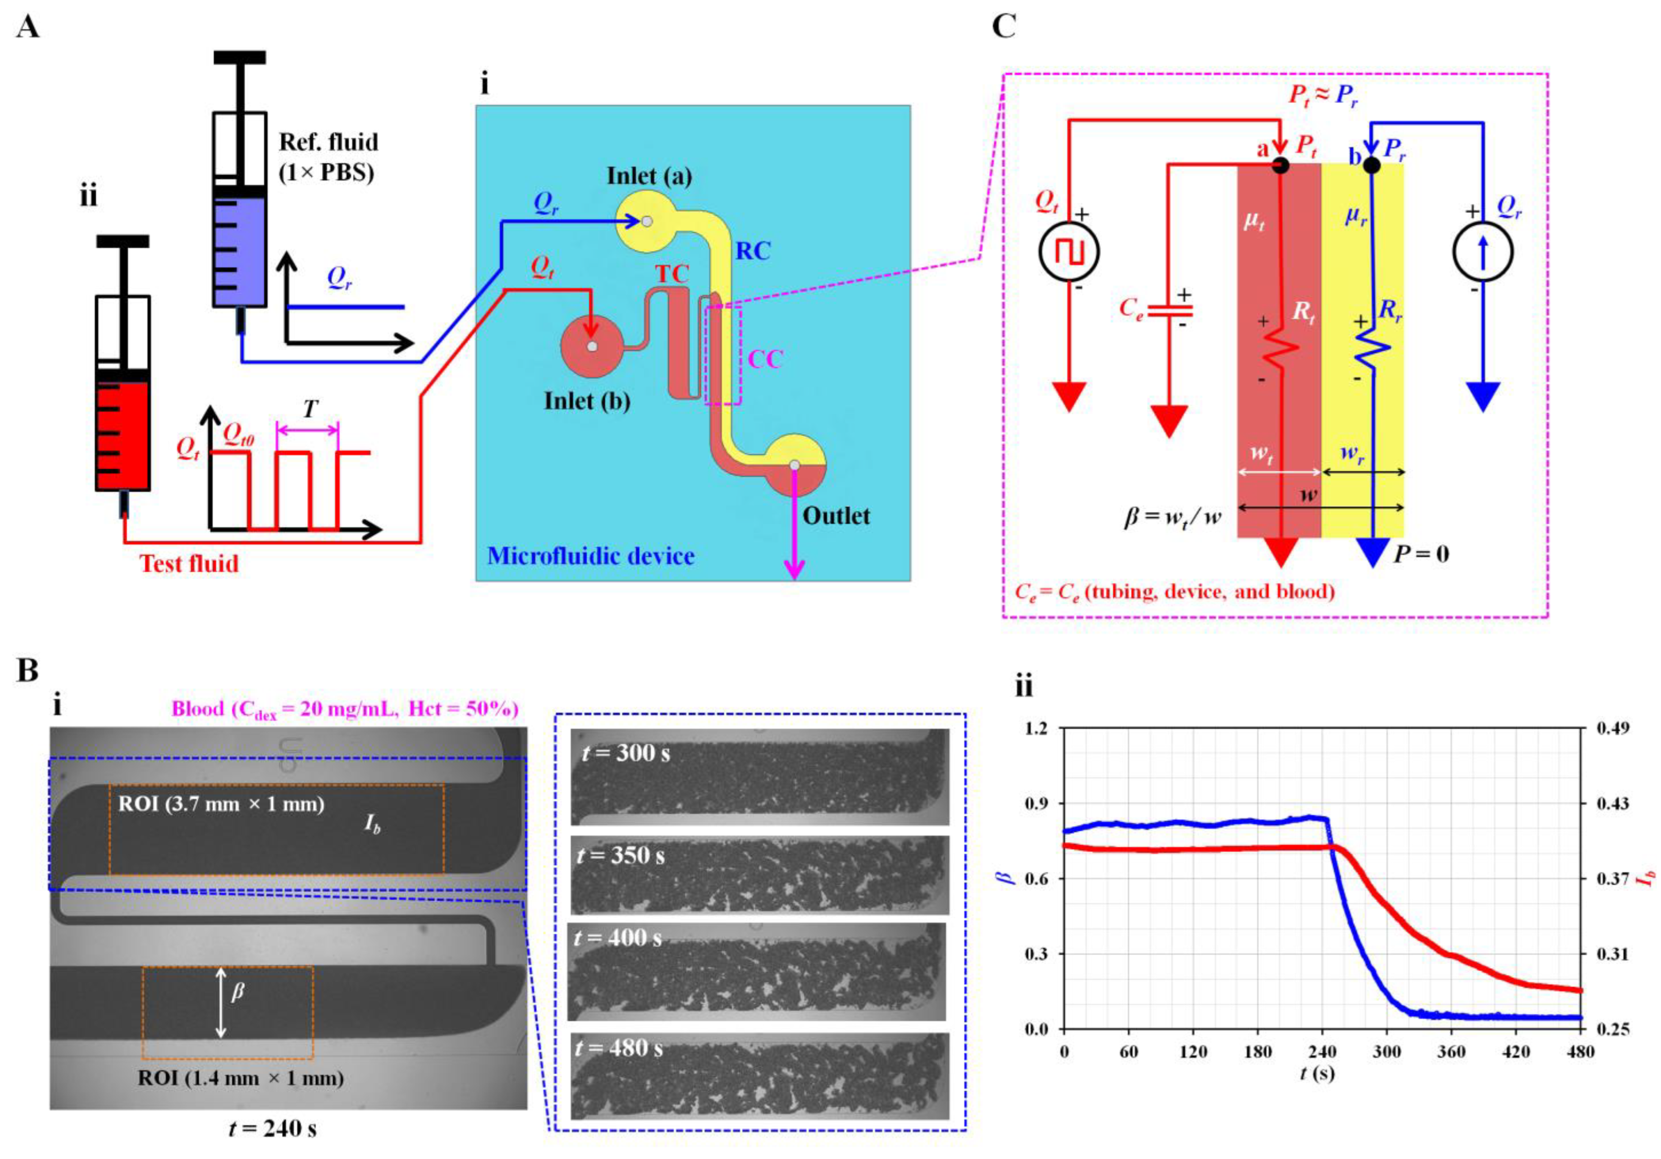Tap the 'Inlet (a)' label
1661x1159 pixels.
[649, 176]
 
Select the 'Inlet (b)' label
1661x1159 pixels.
[587, 401]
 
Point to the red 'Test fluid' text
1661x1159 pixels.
[189, 563]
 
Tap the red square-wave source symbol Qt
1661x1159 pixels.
[1069, 252]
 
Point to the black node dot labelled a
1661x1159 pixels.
[1280, 166]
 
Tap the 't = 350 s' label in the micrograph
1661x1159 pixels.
[621, 856]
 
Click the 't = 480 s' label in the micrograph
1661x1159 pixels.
[619, 1048]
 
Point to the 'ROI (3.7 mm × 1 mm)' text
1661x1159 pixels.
[221, 804]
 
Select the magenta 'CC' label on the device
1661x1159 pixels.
[765, 360]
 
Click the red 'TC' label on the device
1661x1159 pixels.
[672, 274]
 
